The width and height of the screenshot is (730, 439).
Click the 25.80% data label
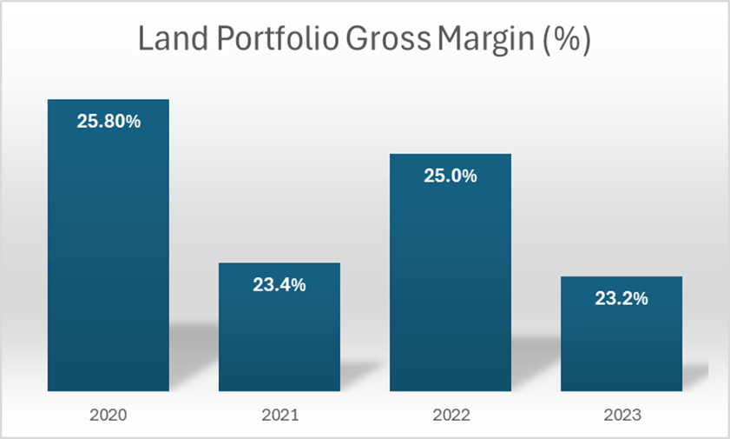click(109, 122)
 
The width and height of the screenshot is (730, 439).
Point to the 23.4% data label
click(279, 284)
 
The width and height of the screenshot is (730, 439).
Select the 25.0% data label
click(450, 176)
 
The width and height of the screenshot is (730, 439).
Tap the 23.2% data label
click(621, 298)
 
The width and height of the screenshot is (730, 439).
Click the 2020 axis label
click(109, 416)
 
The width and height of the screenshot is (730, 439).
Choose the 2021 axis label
click(279, 416)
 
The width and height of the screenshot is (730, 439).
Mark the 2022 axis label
click(450, 416)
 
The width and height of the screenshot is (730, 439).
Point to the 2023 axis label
click(621, 416)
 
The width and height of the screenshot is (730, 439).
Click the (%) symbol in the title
click(570, 41)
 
